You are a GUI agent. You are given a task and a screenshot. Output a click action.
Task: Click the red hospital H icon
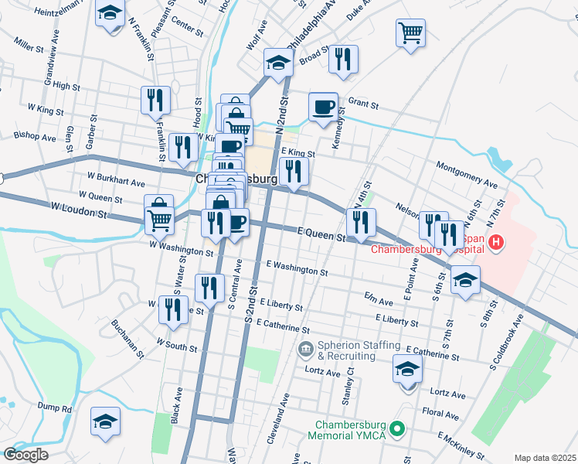click(x=496, y=244)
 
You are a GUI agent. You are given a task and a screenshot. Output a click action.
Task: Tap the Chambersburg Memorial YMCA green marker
click(x=398, y=428)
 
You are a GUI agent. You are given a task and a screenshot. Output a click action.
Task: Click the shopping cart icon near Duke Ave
click(x=410, y=33)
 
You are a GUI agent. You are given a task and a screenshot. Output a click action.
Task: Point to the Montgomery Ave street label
click(x=467, y=176)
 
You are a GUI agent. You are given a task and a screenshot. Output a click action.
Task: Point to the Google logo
click(x=25, y=455)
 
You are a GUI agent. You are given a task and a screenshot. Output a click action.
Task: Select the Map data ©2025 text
click(x=545, y=458)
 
